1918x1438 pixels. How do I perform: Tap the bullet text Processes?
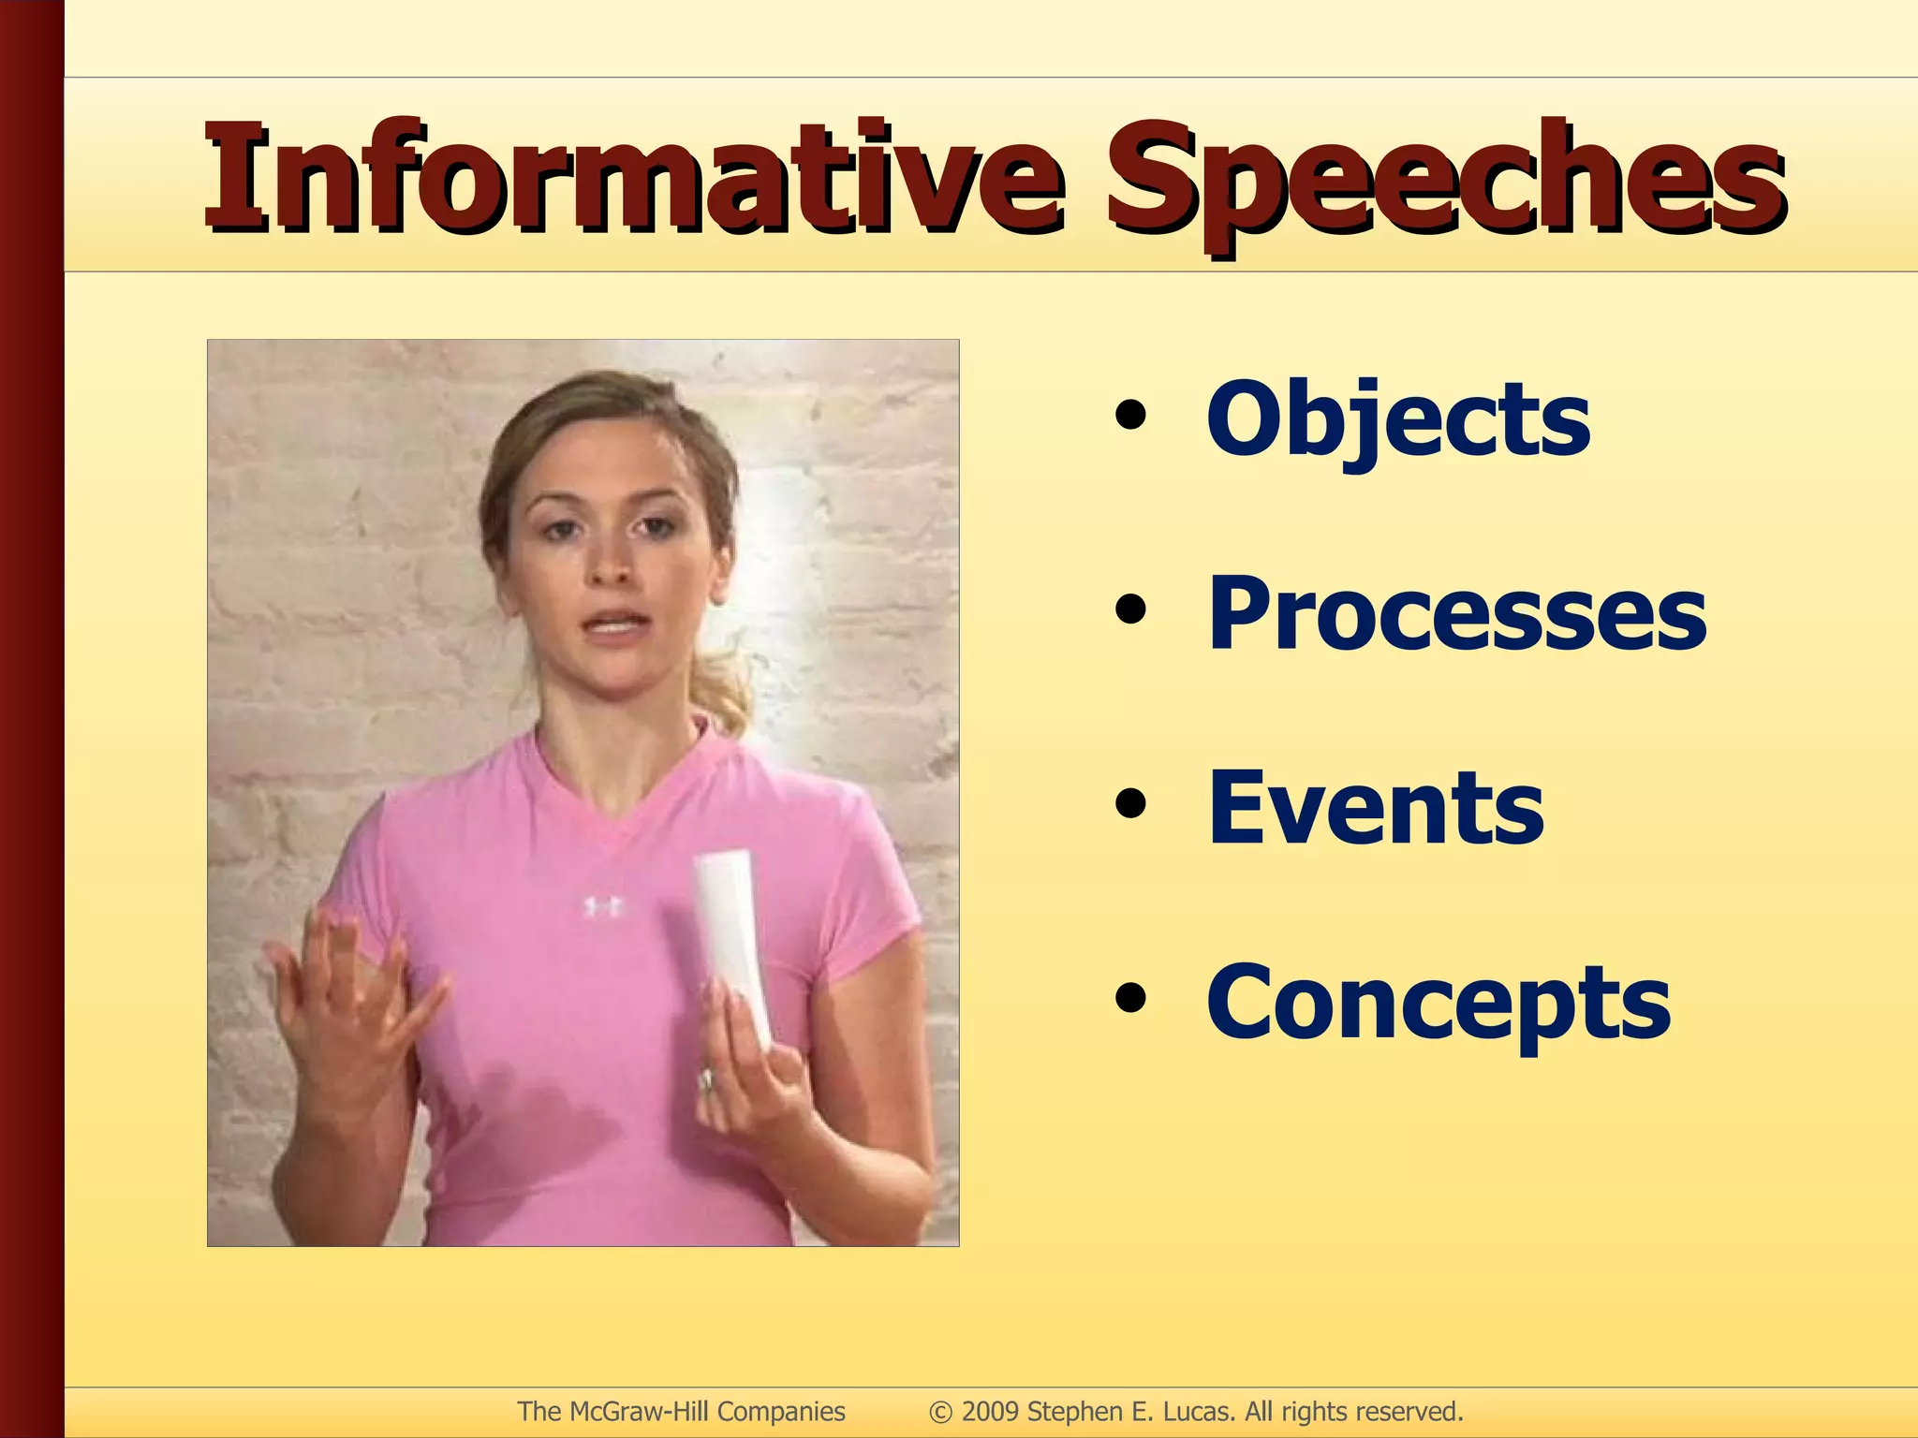(x=1456, y=613)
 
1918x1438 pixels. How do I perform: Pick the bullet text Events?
(x=1375, y=807)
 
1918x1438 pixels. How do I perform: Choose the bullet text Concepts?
(x=1438, y=1004)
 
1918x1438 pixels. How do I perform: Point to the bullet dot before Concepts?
(x=1130, y=999)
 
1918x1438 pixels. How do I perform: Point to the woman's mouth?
(x=613, y=623)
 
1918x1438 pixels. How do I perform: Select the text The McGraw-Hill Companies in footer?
(x=681, y=1411)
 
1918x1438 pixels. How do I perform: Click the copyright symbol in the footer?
(x=940, y=1412)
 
